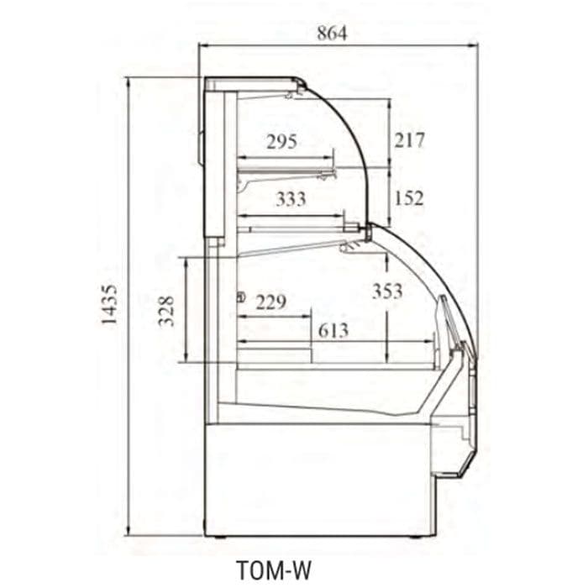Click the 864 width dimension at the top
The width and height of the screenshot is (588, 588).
click(x=332, y=34)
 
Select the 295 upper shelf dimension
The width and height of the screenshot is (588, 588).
click(x=281, y=141)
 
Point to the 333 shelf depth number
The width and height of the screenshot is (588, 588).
click(x=291, y=199)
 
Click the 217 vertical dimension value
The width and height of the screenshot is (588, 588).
click(x=409, y=139)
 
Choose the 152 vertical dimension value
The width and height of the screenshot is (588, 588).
click(x=409, y=198)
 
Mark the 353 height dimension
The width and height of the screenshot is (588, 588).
click(x=387, y=291)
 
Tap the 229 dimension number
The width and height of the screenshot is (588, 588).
click(x=270, y=302)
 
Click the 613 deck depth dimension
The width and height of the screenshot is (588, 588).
click(x=333, y=329)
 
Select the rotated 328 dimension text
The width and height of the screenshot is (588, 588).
click(x=166, y=311)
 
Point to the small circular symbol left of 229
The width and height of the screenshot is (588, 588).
click(x=242, y=297)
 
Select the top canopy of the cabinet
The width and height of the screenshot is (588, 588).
click(x=252, y=81)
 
